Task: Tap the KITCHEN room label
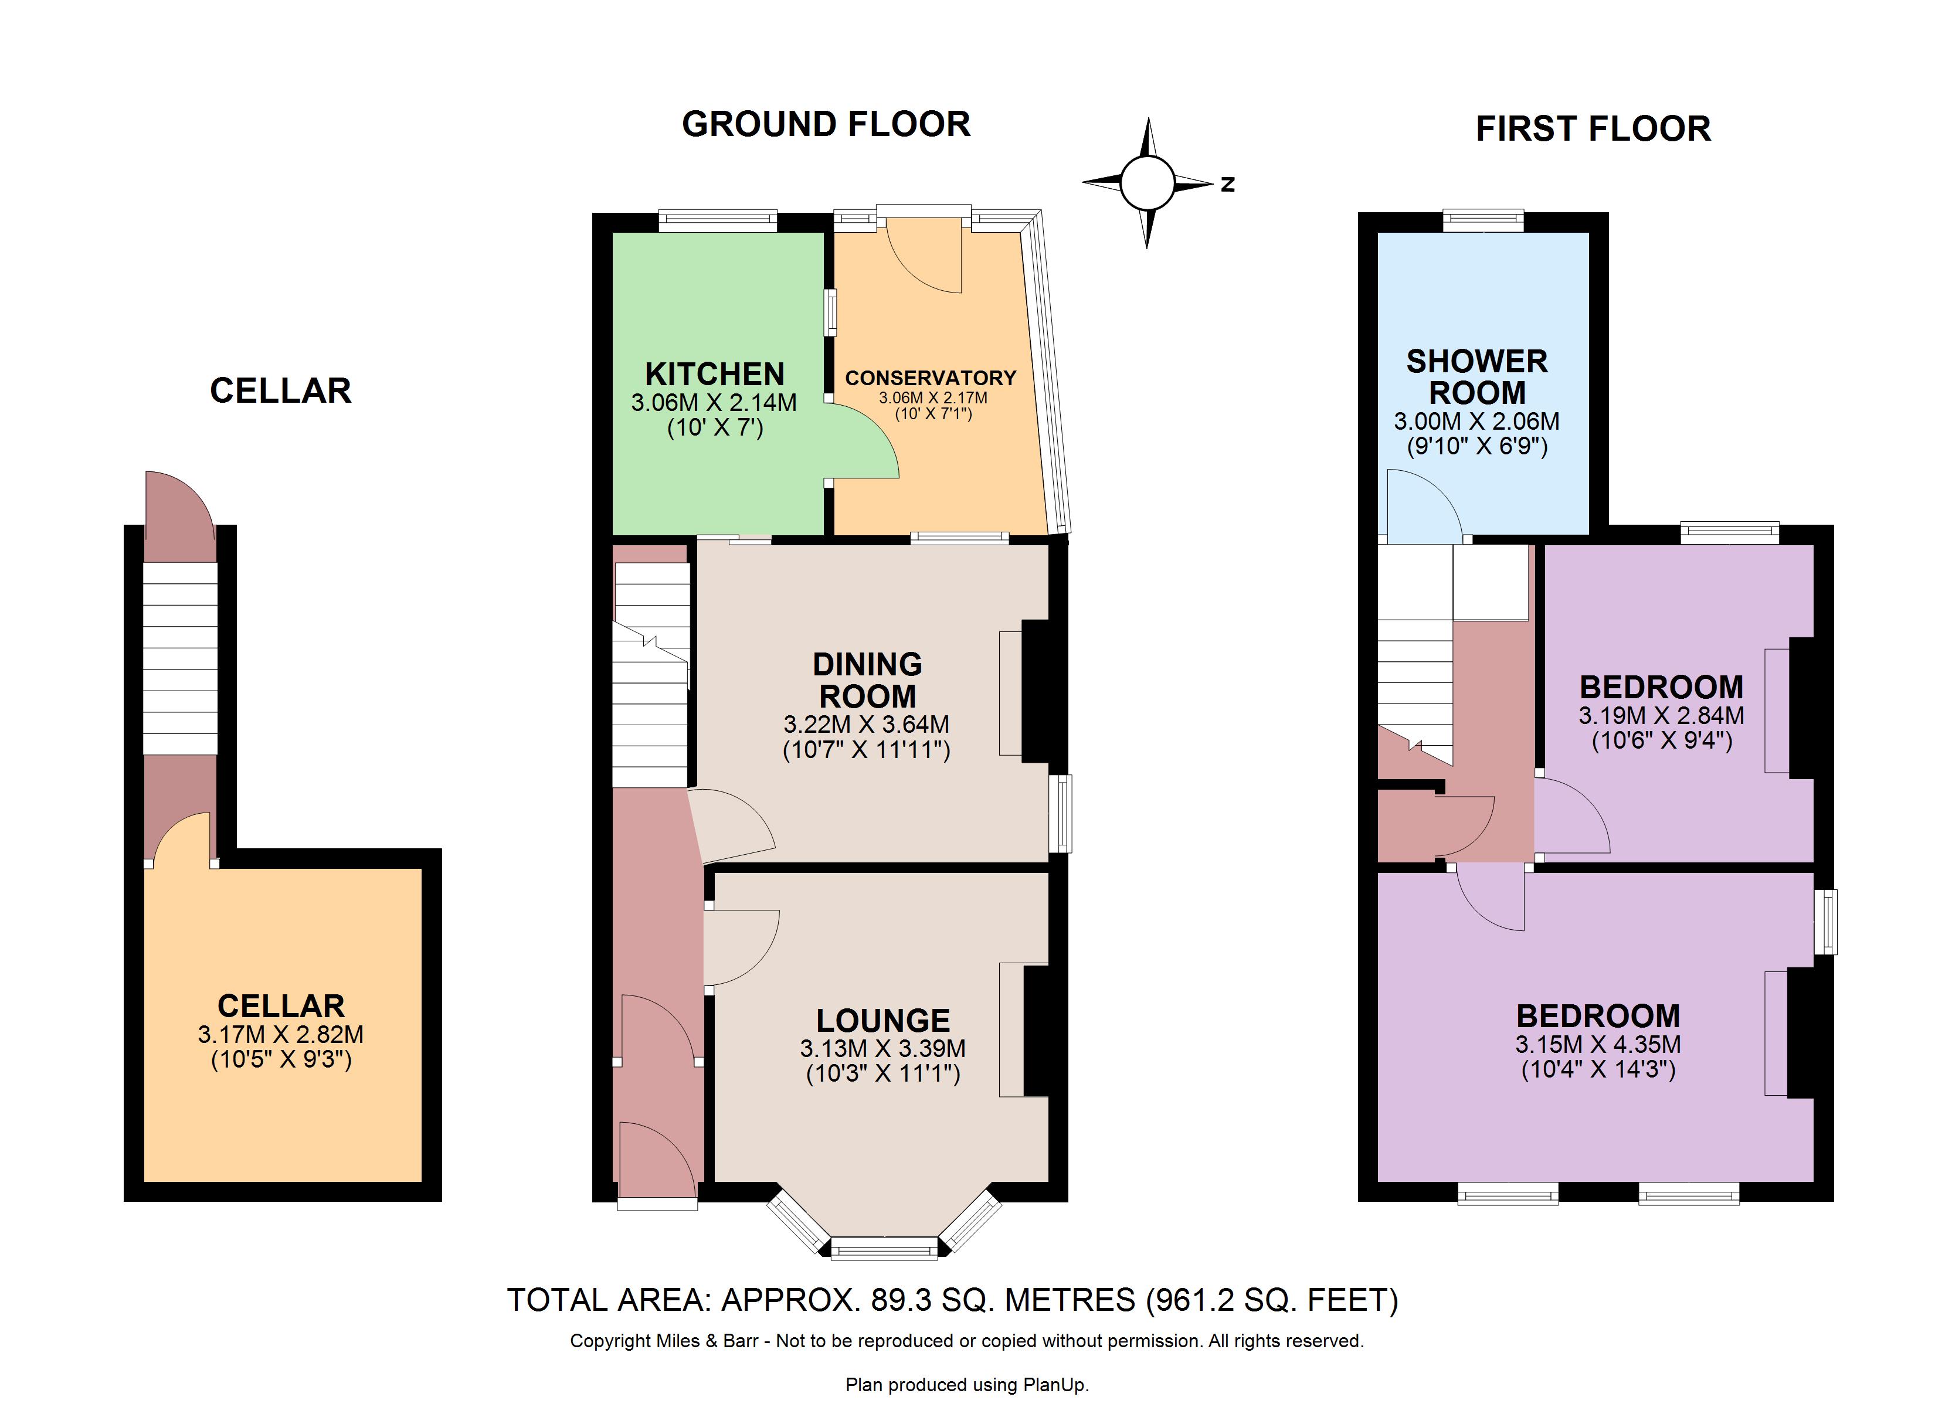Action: click(x=714, y=373)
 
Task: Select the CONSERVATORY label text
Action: click(x=931, y=378)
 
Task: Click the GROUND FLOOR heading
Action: click(x=826, y=124)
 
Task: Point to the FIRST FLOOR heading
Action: click(x=1593, y=129)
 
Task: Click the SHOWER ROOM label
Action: click(x=1477, y=377)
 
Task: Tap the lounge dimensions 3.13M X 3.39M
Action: click(x=883, y=1048)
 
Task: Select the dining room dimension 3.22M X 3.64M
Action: click(x=866, y=725)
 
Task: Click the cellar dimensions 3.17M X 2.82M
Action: click(x=281, y=1034)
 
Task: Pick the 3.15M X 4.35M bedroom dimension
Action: click(x=1598, y=1044)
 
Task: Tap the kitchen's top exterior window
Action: click(x=718, y=220)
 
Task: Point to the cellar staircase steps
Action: click(x=180, y=658)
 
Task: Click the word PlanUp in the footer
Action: click(x=1058, y=1385)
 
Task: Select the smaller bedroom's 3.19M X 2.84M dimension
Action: click(x=1661, y=715)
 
